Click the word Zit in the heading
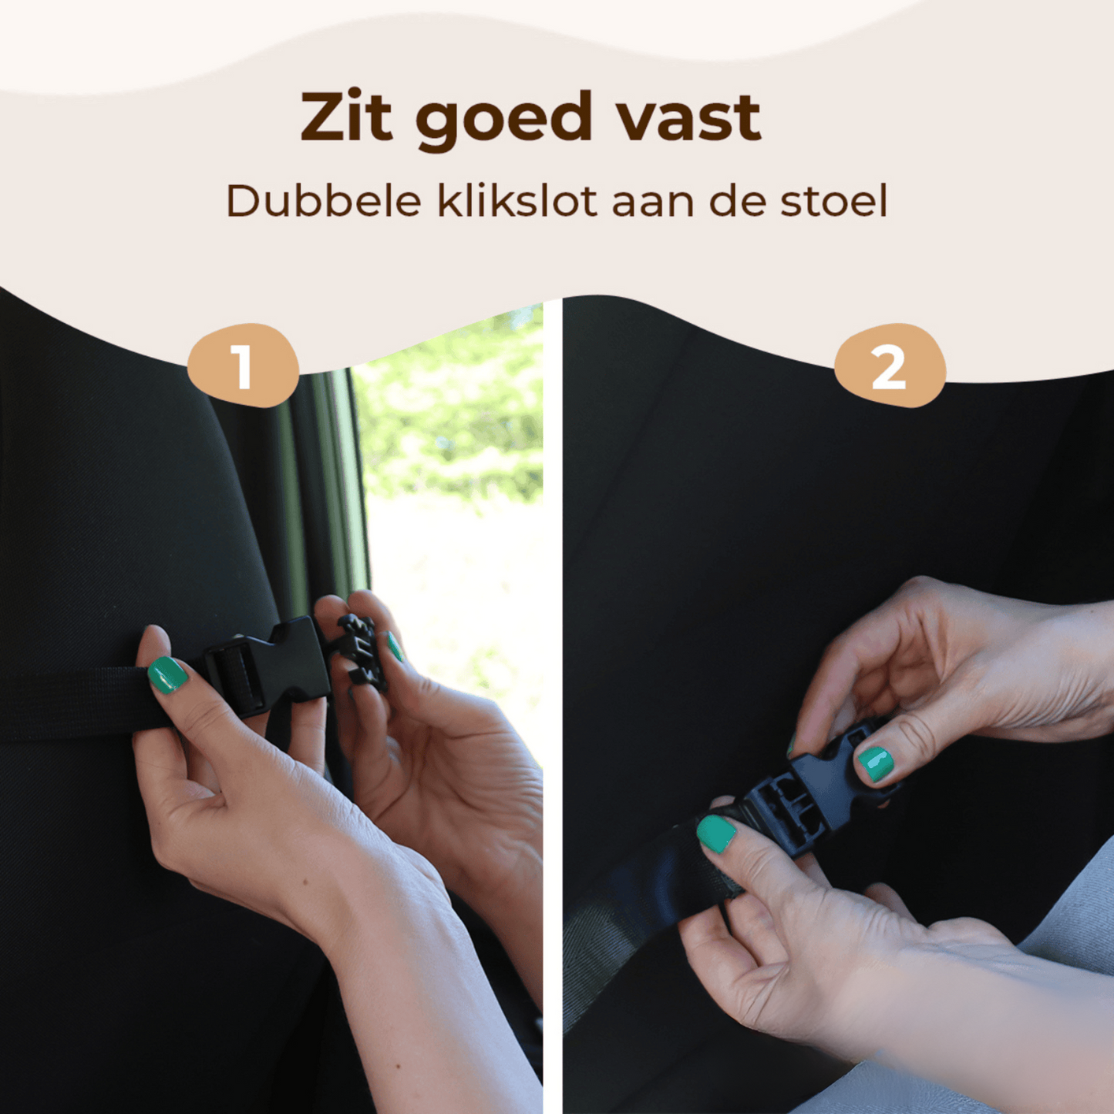point(346,118)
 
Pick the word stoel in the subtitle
point(833,201)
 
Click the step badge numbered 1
point(243,365)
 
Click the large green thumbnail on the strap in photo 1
point(167,675)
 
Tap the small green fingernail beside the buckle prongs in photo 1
point(394,648)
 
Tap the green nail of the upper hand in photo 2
point(876,762)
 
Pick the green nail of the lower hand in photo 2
point(716,834)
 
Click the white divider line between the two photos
point(552,694)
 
